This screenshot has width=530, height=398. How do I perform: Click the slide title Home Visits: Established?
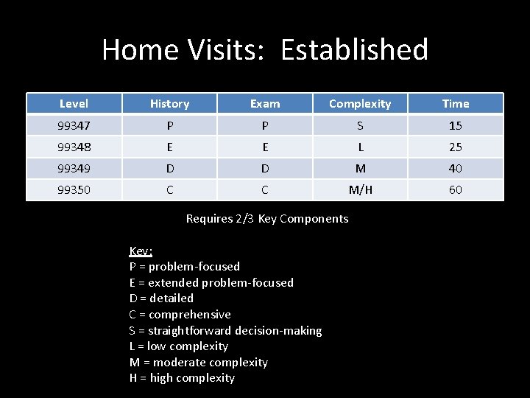click(265, 50)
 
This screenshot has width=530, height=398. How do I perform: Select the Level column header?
click(74, 104)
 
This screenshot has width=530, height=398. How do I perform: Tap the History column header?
click(169, 104)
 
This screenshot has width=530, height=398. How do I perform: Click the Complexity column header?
click(360, 104)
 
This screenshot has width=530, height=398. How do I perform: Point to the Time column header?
click(456, 104)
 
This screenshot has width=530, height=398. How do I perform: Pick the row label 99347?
click(74, 126)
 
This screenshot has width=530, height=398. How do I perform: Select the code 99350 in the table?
click(74, 190)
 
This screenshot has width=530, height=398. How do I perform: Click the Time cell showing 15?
click(456, 126)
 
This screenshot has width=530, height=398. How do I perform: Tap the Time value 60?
click(456, 190)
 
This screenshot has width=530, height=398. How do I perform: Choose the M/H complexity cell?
click(360, 190)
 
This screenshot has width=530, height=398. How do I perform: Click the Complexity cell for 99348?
click(360, 147)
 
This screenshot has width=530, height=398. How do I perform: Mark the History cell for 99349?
click(169, 169)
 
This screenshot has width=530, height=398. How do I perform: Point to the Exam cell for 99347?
click(265, 126)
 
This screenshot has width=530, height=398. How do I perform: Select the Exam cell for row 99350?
click(265, 190)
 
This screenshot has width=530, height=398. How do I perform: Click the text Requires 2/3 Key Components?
click(267, 219)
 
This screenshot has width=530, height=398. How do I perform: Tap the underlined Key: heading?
click(141, 251)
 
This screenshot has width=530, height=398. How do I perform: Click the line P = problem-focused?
click(184, 267)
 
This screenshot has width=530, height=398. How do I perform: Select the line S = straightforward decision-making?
click(225, 331)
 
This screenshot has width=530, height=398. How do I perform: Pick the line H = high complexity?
click(182, 378)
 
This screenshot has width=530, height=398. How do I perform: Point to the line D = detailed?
click(161, 298)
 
